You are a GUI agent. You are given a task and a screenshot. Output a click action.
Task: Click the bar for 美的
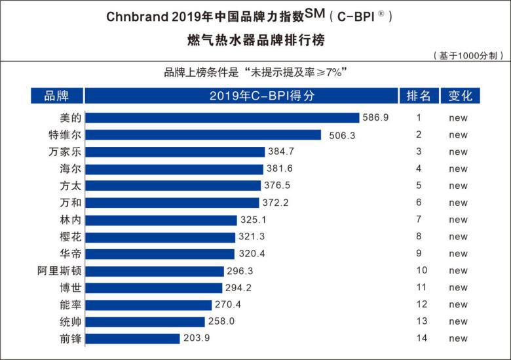(x=222, y=118)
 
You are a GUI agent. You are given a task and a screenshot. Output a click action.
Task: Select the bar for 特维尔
(x=203, y=135)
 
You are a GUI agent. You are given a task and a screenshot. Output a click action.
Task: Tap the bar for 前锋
(x=132, y=338)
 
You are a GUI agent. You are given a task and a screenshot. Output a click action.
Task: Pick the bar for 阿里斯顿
(x=155, y=271)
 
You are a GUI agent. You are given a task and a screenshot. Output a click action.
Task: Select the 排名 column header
(x=419, y=96)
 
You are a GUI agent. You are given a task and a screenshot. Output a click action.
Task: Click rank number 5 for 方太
(x=419, y=186)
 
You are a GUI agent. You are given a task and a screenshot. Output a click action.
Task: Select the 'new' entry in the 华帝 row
(x=459, y=254)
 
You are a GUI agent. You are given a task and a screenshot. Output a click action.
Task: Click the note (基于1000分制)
(x=468, y=56)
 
